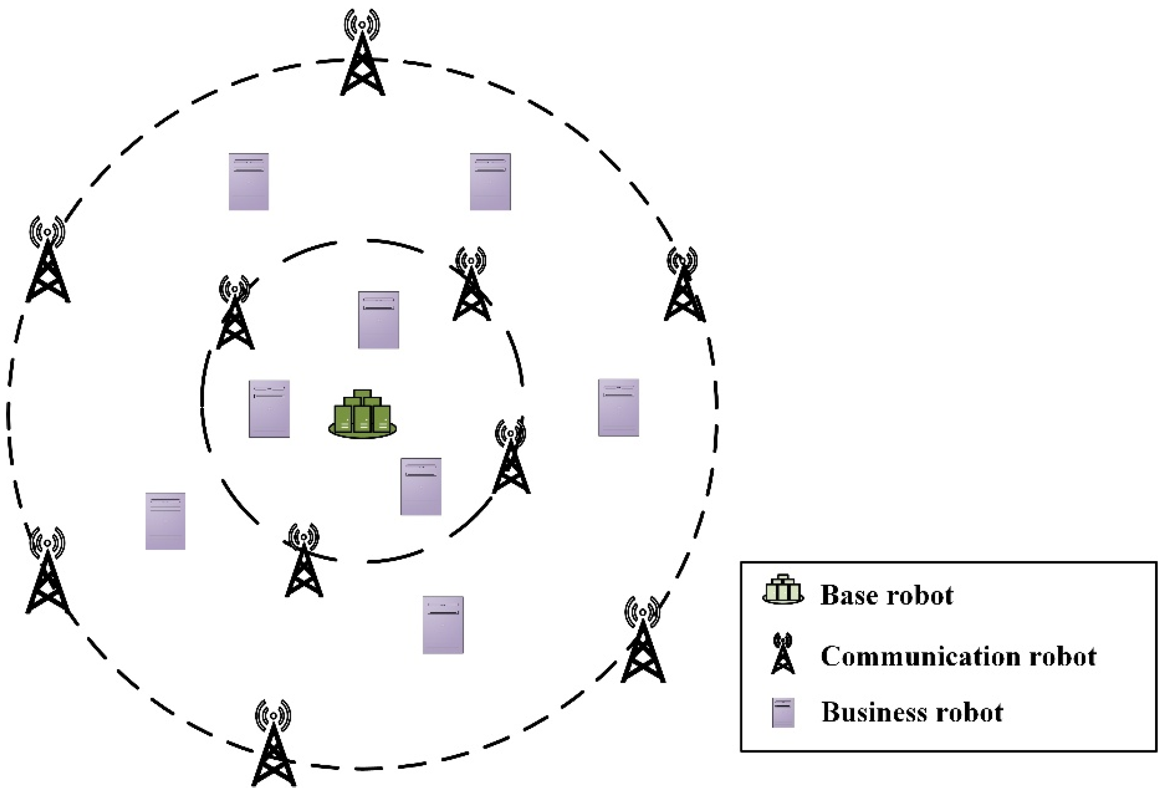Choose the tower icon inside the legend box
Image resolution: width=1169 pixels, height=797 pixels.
[x=783, y=653]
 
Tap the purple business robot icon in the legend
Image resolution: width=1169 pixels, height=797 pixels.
[x=783, y=712]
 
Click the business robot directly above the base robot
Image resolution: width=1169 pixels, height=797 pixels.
[x=378, y=320]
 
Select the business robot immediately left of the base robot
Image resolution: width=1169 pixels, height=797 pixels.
[x=269, y=408]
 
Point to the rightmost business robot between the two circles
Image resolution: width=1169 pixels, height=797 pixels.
[x=618, y=407]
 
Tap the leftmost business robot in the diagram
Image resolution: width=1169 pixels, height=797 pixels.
[x=165, y=521]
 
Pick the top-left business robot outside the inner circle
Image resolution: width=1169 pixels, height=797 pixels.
[x=249, y=181]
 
